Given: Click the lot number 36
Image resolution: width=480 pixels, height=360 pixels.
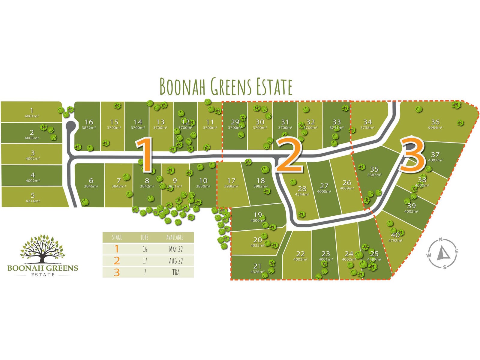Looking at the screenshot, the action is click(x=435, y=122).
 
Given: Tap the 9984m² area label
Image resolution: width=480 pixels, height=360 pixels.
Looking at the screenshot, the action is click(x=435, y=128).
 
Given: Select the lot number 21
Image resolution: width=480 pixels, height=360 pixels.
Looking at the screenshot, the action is click(x=257, y=266).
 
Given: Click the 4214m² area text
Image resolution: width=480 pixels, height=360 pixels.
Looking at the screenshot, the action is click(x=32, y=201).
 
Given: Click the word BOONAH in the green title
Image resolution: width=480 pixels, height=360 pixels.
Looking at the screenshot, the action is click(x=182, y=86).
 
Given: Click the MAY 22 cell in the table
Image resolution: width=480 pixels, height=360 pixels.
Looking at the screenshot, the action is click(x=176, y=249).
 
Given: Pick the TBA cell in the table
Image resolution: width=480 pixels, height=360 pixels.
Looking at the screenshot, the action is click(x=176, y=272).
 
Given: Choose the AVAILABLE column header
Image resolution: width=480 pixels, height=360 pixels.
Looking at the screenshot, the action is click(x=175, y=237).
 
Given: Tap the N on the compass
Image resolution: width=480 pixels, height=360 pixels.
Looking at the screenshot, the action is click(x=440, y=240).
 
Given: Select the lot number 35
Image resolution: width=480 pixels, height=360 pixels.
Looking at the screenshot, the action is click(x=374, y=169).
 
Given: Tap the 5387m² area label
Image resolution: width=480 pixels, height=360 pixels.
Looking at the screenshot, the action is click(x=374, y=175).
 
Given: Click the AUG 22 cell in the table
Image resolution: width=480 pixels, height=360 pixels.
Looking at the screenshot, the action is click(x=176, y=261).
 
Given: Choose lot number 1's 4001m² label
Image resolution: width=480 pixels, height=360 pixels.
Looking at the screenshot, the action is click(x=31, y=116).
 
